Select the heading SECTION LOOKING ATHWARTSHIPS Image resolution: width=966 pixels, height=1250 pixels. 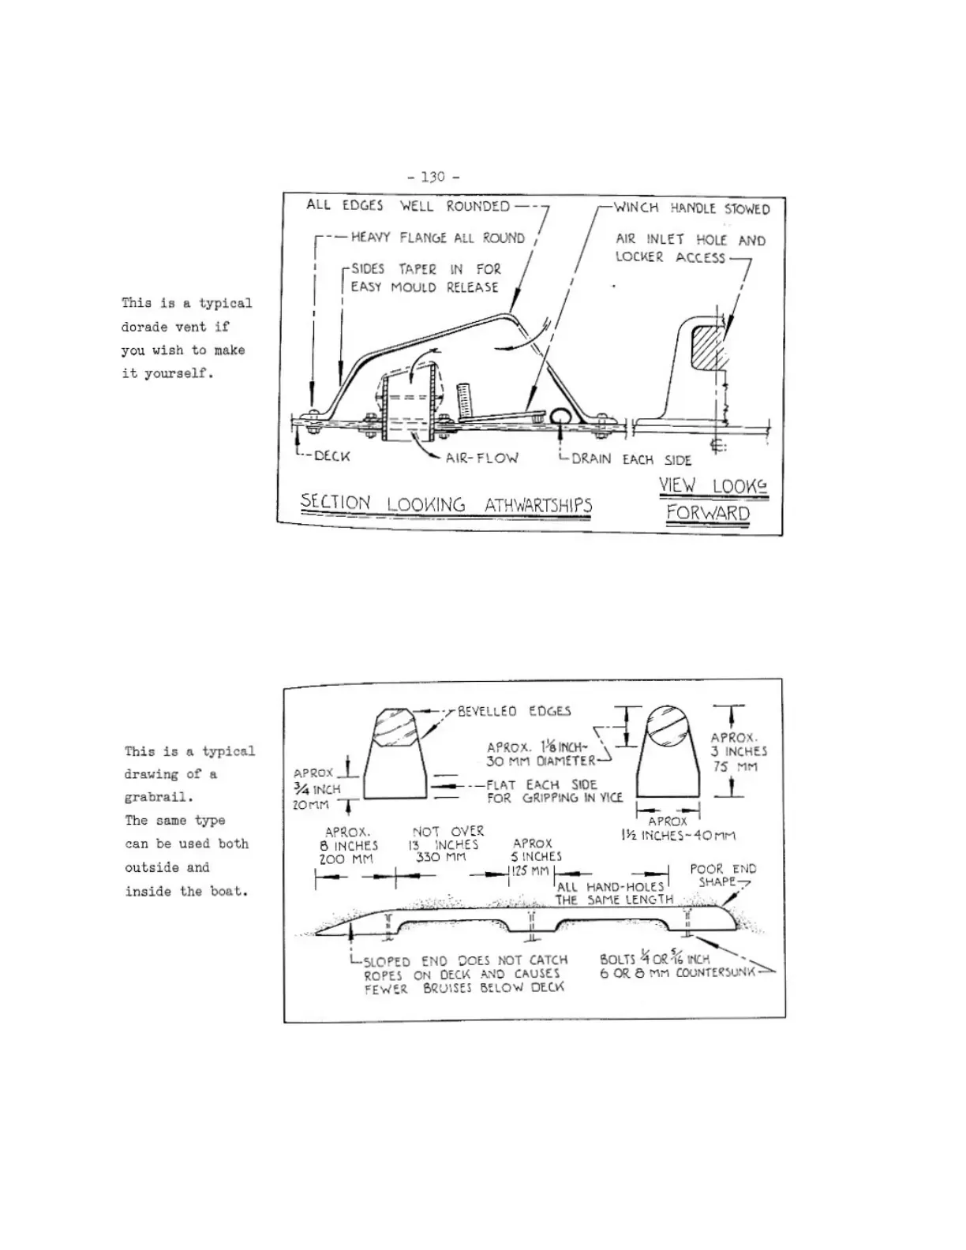(446, 504)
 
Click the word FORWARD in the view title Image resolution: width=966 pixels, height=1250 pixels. (708, 514)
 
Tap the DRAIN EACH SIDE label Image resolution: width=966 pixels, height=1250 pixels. (631, 459)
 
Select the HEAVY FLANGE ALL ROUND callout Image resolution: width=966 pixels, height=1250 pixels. (437, 238)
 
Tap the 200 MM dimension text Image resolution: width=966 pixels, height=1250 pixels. (346, 859)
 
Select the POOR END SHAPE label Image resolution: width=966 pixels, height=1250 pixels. (722, 875)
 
